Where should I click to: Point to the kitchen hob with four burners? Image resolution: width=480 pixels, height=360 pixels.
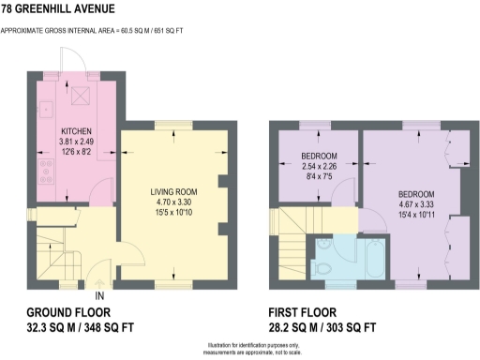tap(45, 171)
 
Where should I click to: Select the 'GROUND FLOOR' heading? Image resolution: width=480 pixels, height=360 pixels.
tap(71, 312)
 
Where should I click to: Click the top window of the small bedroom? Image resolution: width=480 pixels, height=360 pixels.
tap(314, 126)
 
